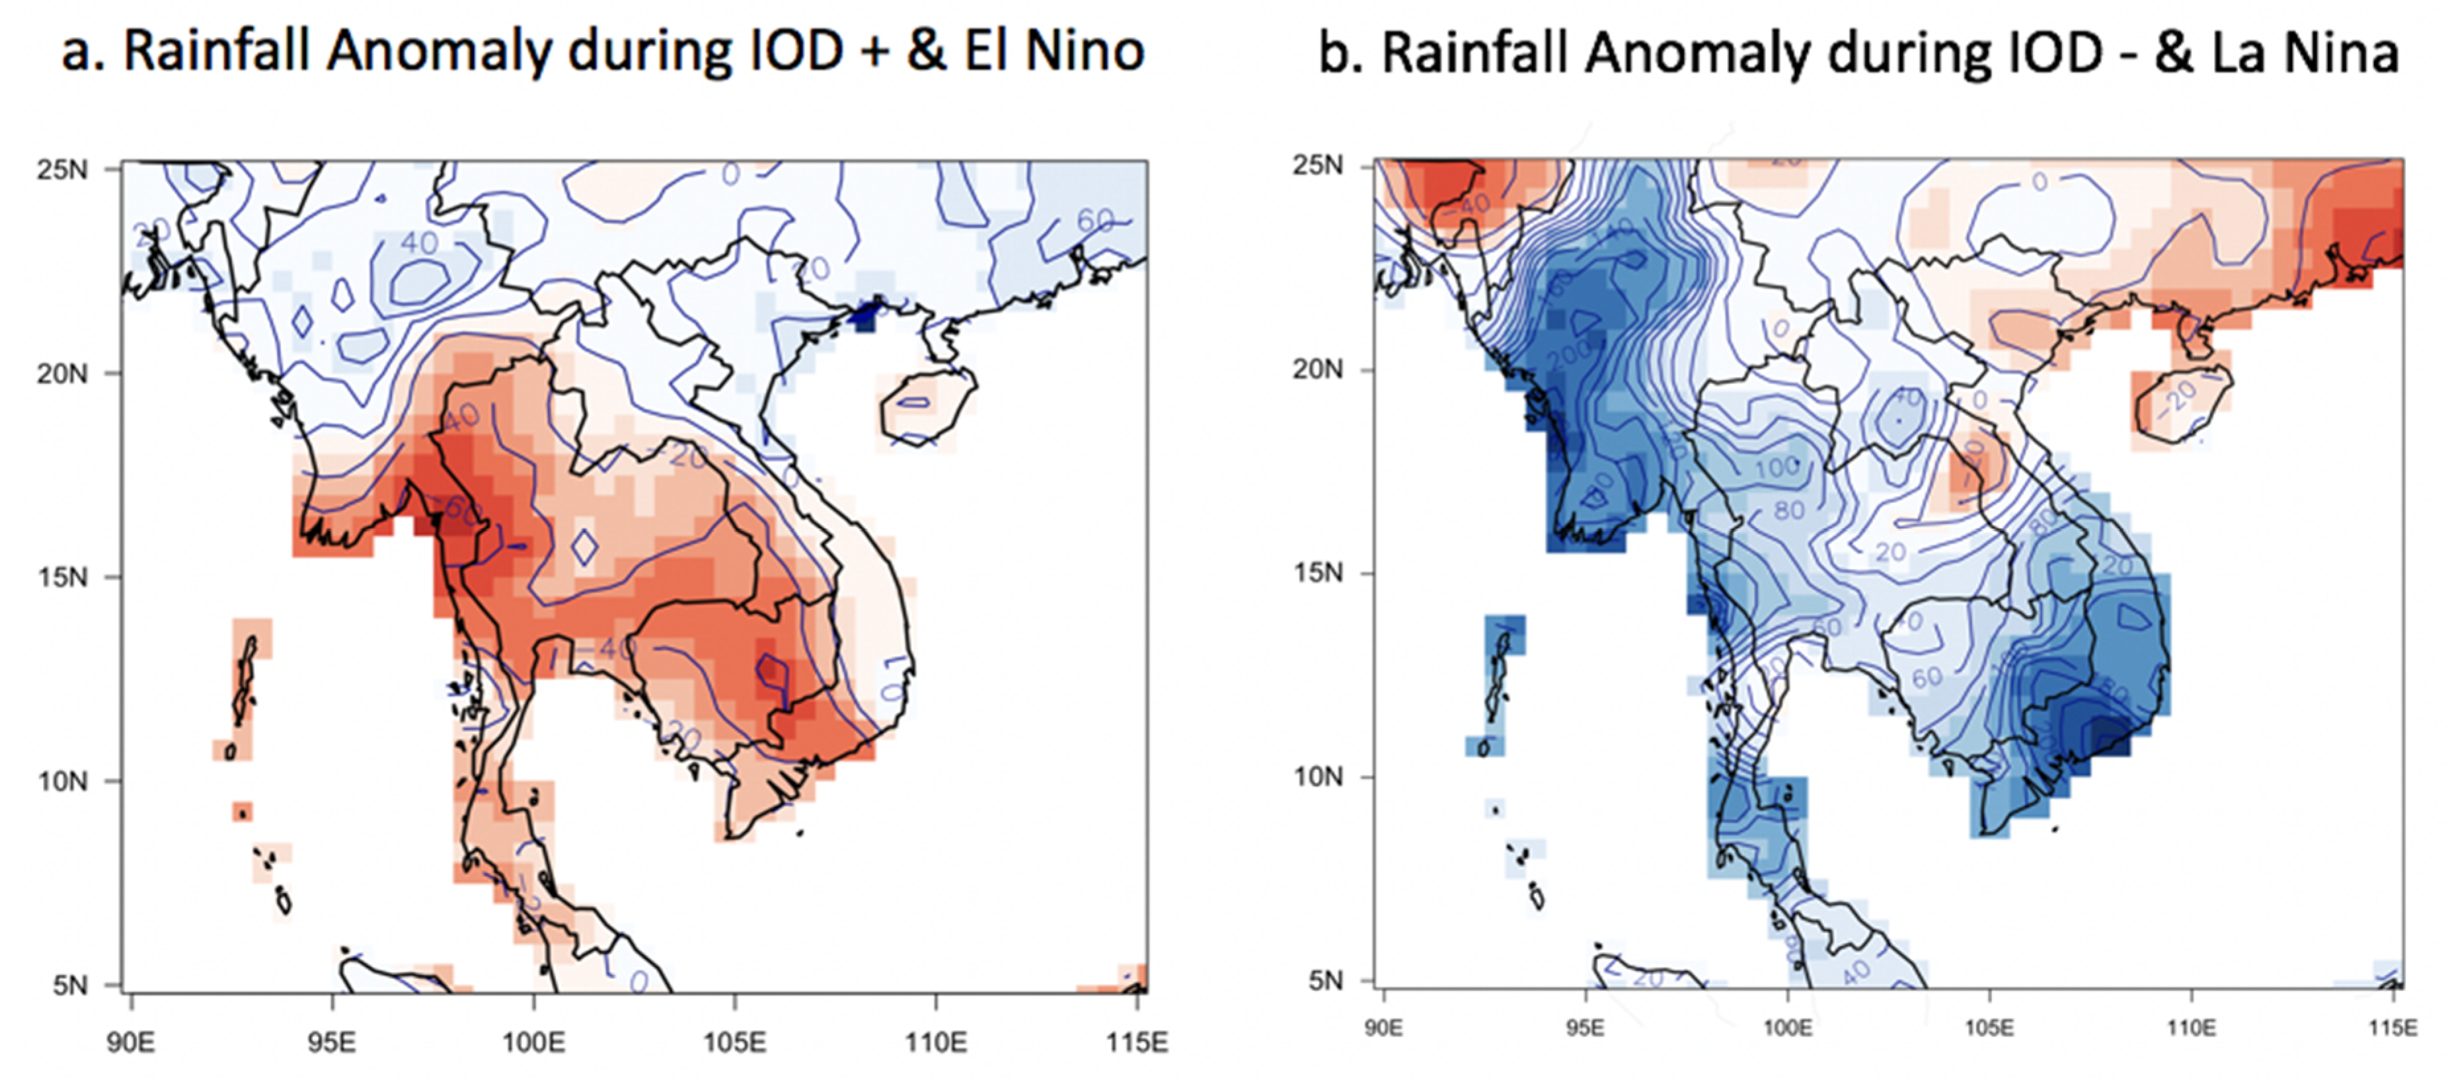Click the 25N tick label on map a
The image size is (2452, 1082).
[x=63, y=169]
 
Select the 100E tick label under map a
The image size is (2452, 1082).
[x=533, y=1043]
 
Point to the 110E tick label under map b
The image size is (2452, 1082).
[x=2190, y=1028]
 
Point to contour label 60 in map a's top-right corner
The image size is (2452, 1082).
[x=1094, y=221]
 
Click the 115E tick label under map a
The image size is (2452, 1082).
[x=1137, y=1043]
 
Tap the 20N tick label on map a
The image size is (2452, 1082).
[x=63, y=373]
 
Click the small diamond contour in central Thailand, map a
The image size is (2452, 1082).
[x=584, y=546]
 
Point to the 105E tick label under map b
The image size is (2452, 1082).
[x=1989, y=1028]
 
